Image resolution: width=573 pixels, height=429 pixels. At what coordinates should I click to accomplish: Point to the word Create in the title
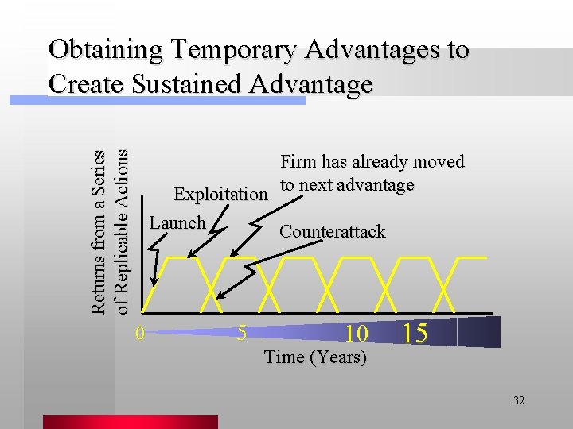[x=88, y=83]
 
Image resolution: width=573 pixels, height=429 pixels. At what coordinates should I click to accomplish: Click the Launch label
[x=177, y=223]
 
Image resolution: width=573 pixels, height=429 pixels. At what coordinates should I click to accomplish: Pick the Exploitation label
[x=220, y=195]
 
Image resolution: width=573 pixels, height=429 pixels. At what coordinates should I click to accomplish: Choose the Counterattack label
[x=332, y=232]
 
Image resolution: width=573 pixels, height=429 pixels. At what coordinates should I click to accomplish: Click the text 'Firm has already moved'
[x=372, y=162]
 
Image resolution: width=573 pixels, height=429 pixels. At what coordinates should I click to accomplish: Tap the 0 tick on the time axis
[x=139, y=333]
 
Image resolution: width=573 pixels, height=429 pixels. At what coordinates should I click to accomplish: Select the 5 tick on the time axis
[x=242, y=333]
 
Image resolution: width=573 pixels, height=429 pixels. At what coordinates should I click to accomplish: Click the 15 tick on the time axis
[x=415, y=333]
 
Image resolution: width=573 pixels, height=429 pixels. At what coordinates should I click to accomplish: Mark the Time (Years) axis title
[x=315, y=357]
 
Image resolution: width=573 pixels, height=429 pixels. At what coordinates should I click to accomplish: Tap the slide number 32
[x=518, y=400]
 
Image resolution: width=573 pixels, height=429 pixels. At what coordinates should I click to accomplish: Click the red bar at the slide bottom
[x=130, y=422]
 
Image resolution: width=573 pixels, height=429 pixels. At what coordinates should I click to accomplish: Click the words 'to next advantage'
[x=346, y=185]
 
